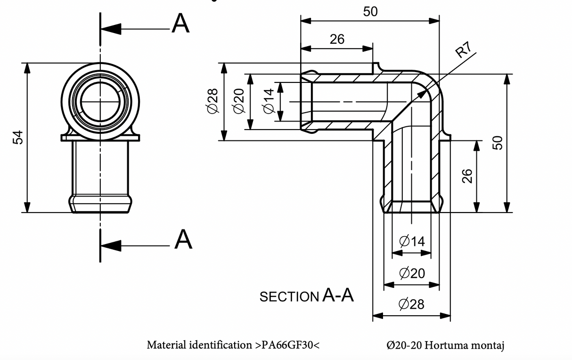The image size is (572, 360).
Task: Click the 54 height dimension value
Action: (18, 137)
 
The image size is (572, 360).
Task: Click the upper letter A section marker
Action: (180, 23)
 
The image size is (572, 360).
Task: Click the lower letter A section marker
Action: (183, 239)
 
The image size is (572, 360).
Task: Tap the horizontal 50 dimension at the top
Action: (370, 12)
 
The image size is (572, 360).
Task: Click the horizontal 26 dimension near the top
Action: (337, 40)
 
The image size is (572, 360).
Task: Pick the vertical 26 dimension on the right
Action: (467, 176)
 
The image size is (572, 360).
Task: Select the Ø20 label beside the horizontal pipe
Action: (239, 101)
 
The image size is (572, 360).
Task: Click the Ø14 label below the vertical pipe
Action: (412, 242)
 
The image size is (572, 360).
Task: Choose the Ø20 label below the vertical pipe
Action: (412, 273)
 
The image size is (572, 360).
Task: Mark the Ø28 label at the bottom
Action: (411, 304)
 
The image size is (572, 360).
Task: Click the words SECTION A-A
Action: (307, 296)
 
